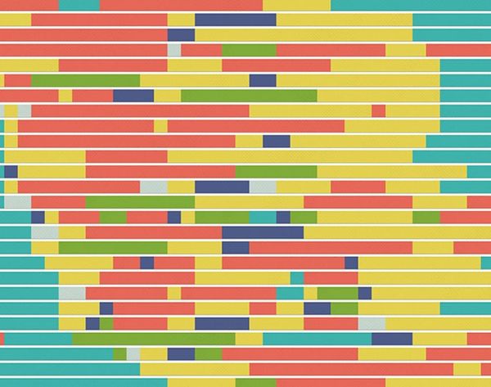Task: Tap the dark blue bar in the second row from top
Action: click(235, 20)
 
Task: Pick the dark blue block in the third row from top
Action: click(181, 34)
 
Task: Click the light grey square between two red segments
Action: click(174, 49)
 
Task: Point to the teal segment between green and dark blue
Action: click(263, 217)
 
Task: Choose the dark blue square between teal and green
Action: click(38, 217)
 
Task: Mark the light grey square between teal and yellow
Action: click(44, 232)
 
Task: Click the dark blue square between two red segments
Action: click(146, 263)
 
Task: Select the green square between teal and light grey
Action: click(119, 353)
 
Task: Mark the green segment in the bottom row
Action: click(255, 382)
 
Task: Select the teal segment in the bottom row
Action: click(82, 382)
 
